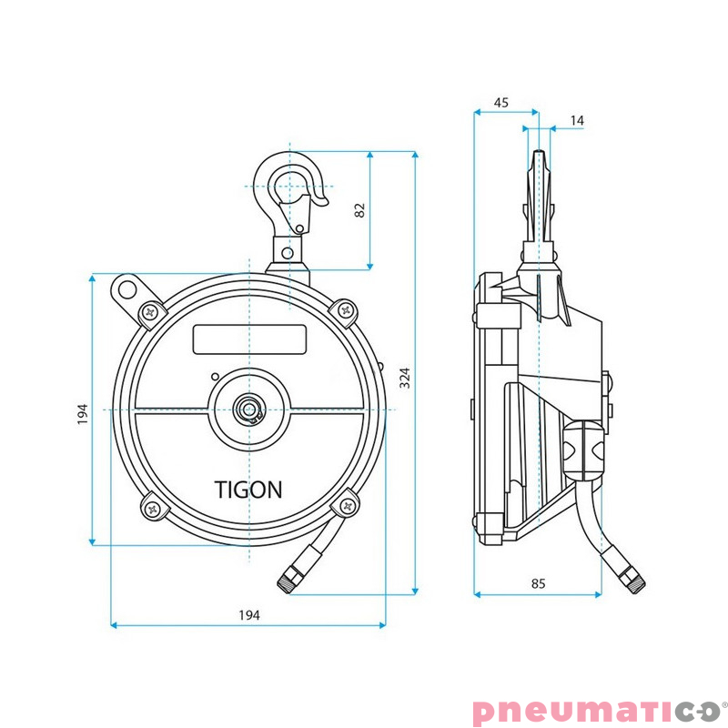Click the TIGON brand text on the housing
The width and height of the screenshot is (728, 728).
(x=248, y=490)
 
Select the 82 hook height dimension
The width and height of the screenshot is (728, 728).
(x=359, y=209)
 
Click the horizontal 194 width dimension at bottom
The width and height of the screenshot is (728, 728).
(x=249, y=615)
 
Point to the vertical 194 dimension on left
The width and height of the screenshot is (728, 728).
(x=82, y=413)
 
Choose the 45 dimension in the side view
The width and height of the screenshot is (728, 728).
(x=500, y=103)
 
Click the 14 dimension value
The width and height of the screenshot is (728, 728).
(x=577, y=120)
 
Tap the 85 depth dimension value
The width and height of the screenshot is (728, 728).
(x=538, y=583)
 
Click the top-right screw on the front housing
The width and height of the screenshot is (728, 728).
(x=346, y=311)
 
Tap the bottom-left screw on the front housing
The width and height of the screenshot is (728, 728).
(x=151, y=509)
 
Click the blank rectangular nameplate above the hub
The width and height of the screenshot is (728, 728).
(x=249, y=339)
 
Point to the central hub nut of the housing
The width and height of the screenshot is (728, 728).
(x=248, y=409)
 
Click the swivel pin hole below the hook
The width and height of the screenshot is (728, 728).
(x=288, y=252)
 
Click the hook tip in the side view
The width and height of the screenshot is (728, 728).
(x=541, y=159)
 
